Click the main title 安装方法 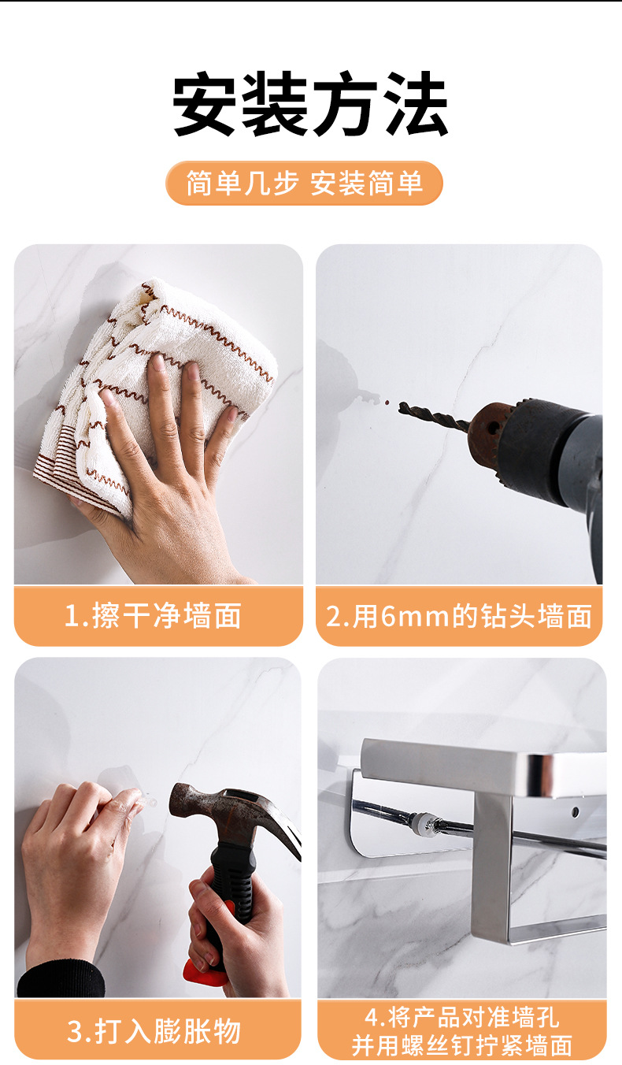click(x=310, y=105)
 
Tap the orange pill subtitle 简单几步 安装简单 click(x=304, y=184)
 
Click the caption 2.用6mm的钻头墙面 click(x=459, y=615)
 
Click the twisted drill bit click(x=433, y=417)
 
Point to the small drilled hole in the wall click(x=386, y=403)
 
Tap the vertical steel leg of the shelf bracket click(x=491, y=859)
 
